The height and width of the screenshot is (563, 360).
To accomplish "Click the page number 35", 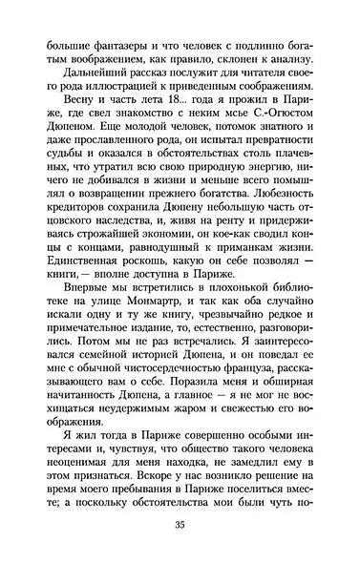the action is coord(180,523).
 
